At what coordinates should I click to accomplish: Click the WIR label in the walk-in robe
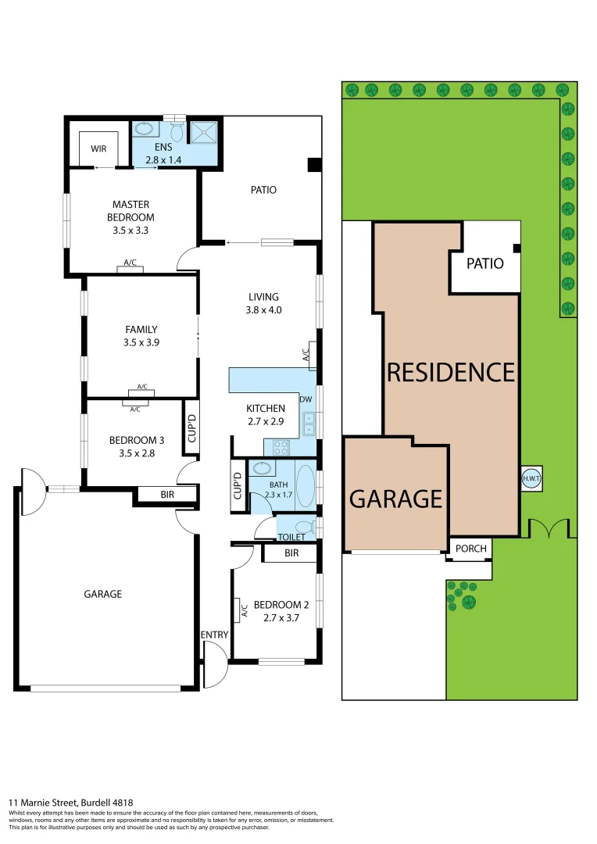(98, 148)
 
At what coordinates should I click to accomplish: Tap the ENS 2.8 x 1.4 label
(163, 154)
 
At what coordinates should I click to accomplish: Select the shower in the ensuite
(205, 131)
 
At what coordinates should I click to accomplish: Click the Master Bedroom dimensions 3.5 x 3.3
(130, 231)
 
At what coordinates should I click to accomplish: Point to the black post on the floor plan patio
(314, 164)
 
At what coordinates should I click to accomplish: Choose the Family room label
(141, 329)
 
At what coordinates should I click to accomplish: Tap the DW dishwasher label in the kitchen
(306, 399)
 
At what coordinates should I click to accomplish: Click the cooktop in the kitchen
(281, 448)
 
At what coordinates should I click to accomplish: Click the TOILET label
(291, 538)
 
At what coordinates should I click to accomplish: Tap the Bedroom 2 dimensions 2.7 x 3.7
(281, 617)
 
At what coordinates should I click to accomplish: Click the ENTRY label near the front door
(214, 635)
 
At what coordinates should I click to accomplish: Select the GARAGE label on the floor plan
(103, 594)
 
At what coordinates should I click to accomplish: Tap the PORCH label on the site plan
(470, 549)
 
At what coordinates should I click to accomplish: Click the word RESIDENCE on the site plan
(451, 372)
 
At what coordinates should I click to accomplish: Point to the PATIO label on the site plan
(484, 263)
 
